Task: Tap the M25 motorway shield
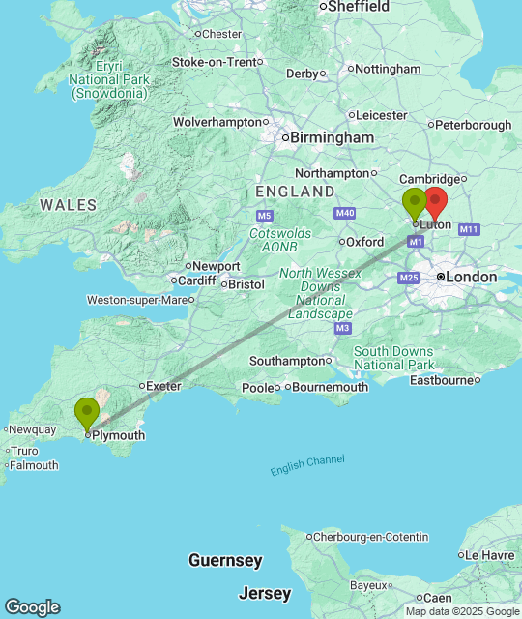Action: [407, 279]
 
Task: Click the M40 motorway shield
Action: [344, 213]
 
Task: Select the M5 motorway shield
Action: [265, 215]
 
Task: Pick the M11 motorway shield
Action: [470, 229]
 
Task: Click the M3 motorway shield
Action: [342, 329]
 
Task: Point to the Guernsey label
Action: [225, 561]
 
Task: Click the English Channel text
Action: [307, 465]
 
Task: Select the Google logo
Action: [31, 606]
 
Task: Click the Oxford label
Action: [364, 242]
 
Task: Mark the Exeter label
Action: [163, 386]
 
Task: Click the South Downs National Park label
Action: [392, 358]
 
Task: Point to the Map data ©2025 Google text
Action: [462, 611]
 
